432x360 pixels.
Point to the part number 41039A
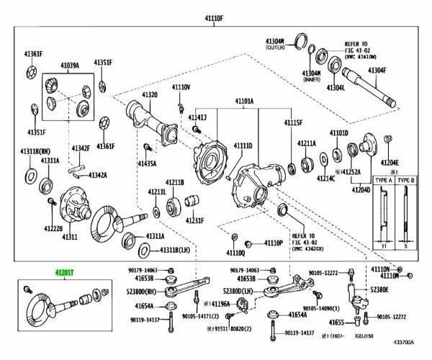(x=69, y=66)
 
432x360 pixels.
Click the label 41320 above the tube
(x=149, y=95)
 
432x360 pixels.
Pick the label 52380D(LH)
(x=238, y=291)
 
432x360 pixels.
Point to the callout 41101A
(x=245, y=102)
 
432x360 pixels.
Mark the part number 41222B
(x=32, y=228)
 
